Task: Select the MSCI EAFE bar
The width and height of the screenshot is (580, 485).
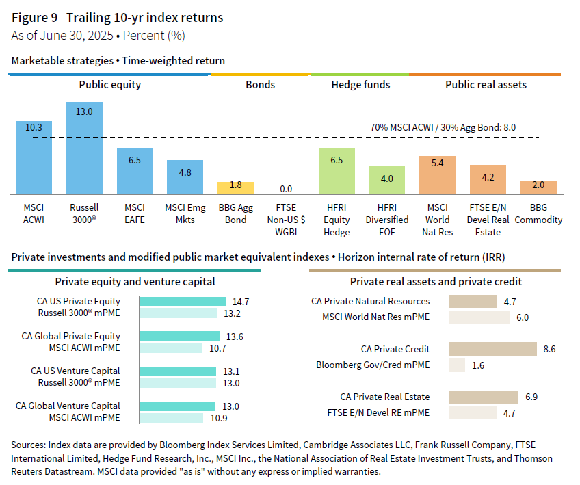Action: tap(135, 171)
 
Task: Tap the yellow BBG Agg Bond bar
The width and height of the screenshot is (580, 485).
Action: tap(235, 187)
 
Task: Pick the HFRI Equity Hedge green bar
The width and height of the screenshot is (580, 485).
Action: tap(337, 170)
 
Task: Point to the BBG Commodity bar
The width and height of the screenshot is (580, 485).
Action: tap(538, 187)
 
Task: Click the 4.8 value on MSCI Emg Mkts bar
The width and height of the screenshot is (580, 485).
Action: tap(185, 172)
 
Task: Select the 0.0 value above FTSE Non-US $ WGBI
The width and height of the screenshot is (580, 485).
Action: tap(286, 188)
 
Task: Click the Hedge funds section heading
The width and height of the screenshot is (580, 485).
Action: tap(360, 85)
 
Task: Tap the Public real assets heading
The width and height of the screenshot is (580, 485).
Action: tap(486, 85)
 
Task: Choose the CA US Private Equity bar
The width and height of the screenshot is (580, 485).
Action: tap(182, 302)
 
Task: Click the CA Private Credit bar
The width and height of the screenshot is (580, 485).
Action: tap(492, 349)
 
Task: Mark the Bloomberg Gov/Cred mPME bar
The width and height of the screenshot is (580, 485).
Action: tap(457, 365)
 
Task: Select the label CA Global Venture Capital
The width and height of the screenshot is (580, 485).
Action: tap(68, 406)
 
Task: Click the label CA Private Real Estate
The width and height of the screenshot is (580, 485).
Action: tap(385, 397)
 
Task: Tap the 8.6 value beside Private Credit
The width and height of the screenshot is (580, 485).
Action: tap(549, 349)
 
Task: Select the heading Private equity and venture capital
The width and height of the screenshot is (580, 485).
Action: tap(135, 281)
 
